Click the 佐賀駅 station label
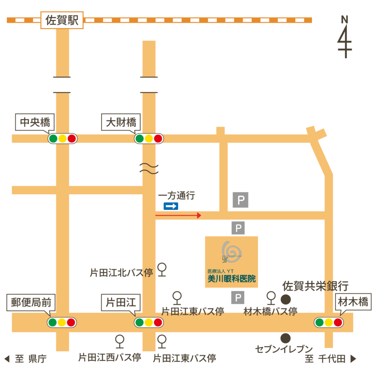(x=62, y=20)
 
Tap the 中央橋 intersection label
(x=35, y=122)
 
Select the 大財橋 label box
(x=121, y=122)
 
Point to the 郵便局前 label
(x=31, y=303)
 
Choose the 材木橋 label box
(x=353, y=303)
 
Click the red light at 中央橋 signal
(x=72, y=139)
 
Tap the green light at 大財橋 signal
(x=139, y=139)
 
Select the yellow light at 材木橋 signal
(x=329, y=322)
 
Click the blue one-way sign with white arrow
(x=171, y=206)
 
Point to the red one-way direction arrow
(x=178, y=215)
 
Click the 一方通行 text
(x=177, y=196)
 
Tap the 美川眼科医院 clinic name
(x=231, y=279)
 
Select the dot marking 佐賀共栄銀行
(x=285, y=298)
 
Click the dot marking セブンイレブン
(x=285, y=338)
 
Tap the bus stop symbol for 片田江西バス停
(x=120, y=341)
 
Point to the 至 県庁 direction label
(x=26, y=359)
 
